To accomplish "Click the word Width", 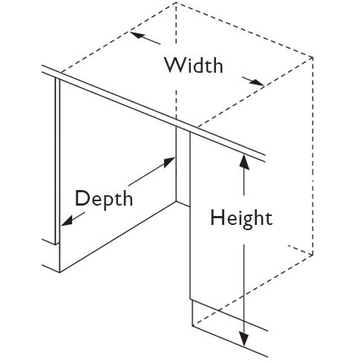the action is click(x=194, y=65).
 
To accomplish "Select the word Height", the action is click(x=241, y=218).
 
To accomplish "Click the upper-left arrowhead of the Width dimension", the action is click(x=137, y=35).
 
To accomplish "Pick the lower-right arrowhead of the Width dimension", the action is click(x=257, y=83).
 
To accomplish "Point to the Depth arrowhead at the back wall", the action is click(x=169, y=162).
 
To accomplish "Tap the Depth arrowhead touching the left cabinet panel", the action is click(x=67, y=220).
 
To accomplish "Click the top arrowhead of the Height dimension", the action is click(x=244, y=162).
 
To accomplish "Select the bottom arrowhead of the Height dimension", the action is click(x=244, y=339).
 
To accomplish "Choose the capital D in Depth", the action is click(x=81, y=197).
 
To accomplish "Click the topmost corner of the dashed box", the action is click(x=176, y=3).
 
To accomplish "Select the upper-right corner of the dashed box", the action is click(x=312, y=58).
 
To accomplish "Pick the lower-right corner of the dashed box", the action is click(x=312, y=255).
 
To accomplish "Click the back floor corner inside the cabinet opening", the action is click(x=176, y=202).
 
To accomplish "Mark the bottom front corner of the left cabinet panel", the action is click(x=60, y=272).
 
